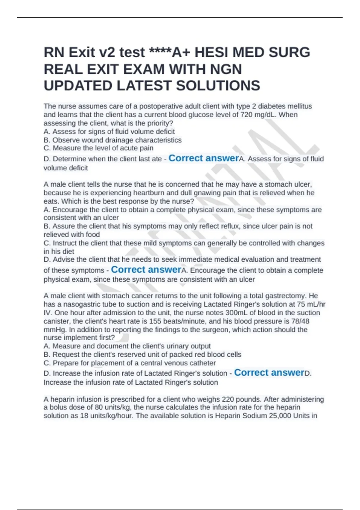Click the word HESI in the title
pos(211,52)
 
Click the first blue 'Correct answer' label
pos(203,158)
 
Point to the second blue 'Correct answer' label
pos(146,270)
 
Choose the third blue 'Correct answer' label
pos(269,373)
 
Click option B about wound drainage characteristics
pos(112,140)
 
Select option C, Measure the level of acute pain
pos(98,148)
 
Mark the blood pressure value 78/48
pos(300,321)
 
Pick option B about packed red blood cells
pos(142,355)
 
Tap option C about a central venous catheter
pos(130,363)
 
